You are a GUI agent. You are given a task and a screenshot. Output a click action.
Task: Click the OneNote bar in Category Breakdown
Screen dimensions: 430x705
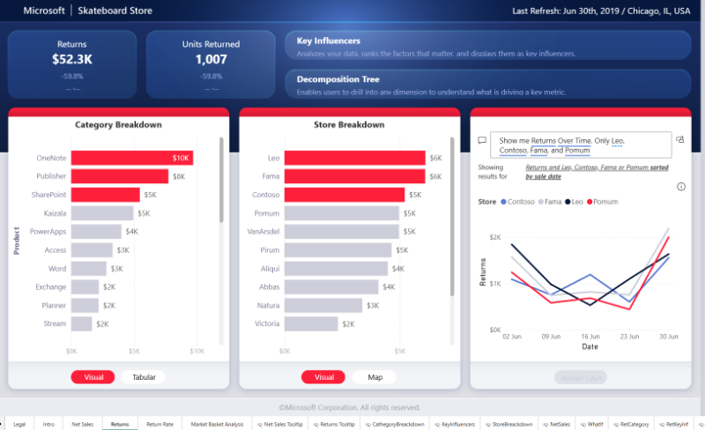pos(131,158)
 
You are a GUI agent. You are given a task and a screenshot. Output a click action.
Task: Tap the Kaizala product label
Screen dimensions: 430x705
pos(52,213)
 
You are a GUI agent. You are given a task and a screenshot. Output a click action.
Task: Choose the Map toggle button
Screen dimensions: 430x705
pos(375,377)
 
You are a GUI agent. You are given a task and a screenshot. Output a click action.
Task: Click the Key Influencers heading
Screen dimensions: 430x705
pos(329,41)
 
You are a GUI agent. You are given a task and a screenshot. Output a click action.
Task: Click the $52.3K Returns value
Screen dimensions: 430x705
pos(71,60)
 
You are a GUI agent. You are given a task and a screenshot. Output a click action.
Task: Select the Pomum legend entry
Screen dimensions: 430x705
pos(605,202)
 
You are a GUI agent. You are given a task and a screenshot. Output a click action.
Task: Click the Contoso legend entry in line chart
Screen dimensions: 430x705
pos(520,202)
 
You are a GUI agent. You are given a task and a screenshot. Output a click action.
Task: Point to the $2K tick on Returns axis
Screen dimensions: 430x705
pos(494,237)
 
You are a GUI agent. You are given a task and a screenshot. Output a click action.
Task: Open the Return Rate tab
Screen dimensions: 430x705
pos(160,424)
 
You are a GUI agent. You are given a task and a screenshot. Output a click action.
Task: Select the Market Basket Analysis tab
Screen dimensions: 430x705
pos(217,424)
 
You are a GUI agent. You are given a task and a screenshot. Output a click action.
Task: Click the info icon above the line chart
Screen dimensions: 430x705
pos(681,187)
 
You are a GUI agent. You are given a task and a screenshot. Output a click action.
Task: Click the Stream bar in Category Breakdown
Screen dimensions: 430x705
pos(82,323)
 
